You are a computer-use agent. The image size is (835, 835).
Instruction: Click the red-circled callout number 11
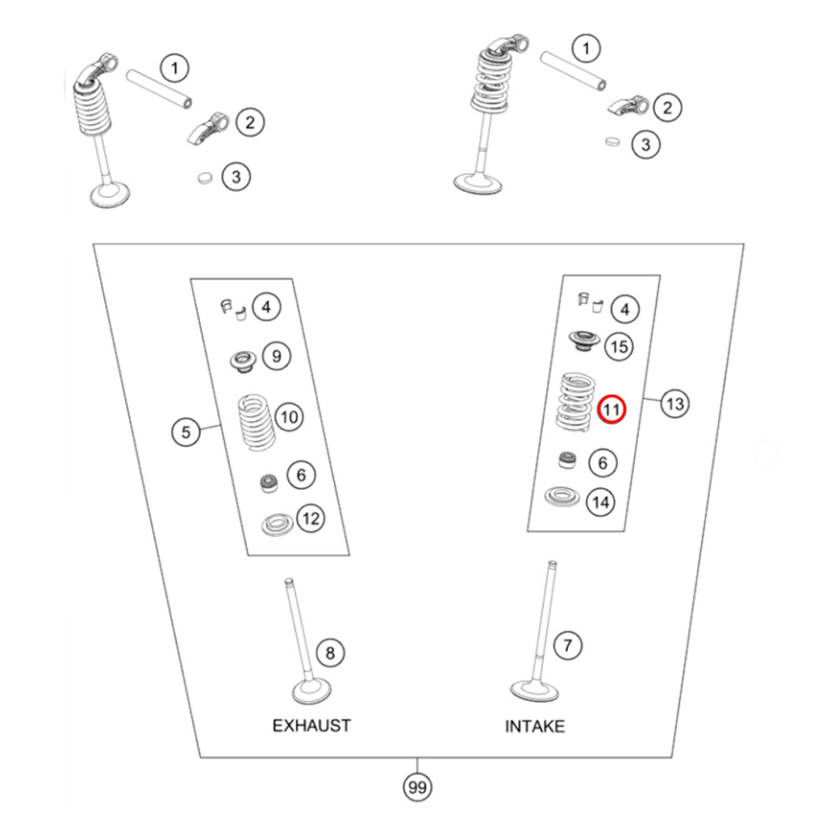[612, 409]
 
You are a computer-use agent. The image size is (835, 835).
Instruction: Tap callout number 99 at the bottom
[418, 786]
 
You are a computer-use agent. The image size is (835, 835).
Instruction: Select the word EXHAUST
[311, 725]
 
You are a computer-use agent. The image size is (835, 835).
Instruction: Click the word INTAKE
[534, 726]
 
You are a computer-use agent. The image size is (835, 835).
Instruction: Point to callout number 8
[330, 652]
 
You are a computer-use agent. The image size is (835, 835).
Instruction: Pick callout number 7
[568, 645]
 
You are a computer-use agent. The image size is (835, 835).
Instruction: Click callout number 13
[675, 404]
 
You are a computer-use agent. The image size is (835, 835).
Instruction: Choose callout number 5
[185, 432]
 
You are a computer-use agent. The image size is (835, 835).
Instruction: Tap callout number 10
[287, 416]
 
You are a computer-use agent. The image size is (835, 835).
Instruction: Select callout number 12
[310, 519]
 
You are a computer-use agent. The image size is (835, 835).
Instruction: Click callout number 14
[600, 502]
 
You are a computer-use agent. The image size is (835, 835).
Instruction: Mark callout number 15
[618, 347]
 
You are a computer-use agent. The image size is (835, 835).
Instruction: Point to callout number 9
[276, 357]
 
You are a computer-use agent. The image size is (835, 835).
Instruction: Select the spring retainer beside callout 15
[581, 341]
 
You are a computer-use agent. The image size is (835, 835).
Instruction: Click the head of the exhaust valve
[311, 693]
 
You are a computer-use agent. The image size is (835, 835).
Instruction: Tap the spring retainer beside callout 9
[244, 361]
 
